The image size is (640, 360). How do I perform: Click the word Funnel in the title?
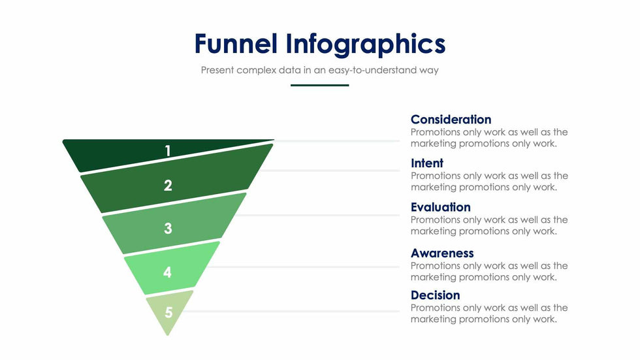point(236,44)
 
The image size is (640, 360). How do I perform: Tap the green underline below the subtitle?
point(319,86)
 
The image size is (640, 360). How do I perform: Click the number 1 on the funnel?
point(167,151)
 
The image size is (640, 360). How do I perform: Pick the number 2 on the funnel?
point(168,186)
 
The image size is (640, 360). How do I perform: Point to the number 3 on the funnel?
point(168,228)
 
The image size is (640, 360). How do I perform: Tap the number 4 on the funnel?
point(167,272)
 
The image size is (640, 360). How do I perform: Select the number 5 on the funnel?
point(168,313)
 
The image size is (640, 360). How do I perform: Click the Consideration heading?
point(451,120)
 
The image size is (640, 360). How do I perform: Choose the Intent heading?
point(427,163)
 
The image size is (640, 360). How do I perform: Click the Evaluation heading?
point(440,207)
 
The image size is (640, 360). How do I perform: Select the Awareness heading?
point(442,254)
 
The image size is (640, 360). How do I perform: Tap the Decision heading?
point(435,295)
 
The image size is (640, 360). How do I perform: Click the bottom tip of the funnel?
point(167,335)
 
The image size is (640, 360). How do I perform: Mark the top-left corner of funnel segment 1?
point(63,140)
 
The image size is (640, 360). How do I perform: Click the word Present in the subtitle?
point(217,70)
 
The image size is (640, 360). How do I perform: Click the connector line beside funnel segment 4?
point(304,267)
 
